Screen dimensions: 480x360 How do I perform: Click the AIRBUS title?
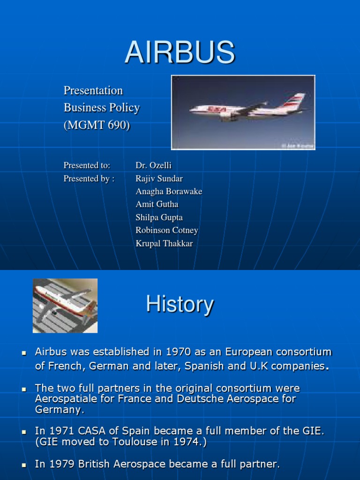click(180, 52)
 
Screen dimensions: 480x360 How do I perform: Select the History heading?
click(180, 304)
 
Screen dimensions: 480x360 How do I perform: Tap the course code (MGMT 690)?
click(97, 126)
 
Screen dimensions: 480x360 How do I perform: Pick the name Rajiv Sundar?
click(159, 179)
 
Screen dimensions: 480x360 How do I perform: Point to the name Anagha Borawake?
click(169, 191)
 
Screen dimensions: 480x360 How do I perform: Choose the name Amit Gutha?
click(157, 204)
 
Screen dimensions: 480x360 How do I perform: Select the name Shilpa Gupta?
click(159, 217)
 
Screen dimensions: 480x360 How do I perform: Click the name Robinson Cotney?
click(166, 230)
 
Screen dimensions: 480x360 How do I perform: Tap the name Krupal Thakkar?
click(164, 243)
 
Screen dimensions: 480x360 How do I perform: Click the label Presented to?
click(87, 165)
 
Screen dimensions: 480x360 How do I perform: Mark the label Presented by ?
click(89, 179)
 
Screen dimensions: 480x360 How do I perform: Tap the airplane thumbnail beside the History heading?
click(65, 306)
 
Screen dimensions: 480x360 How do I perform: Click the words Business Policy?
click(102, 108)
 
